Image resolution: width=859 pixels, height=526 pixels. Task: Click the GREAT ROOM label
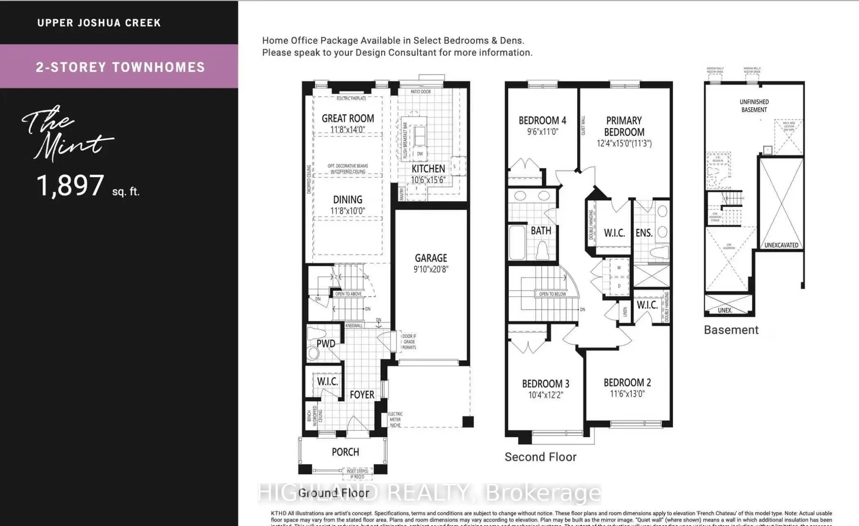tap(348, 118)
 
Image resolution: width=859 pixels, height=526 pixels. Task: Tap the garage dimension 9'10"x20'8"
tap(431, 269)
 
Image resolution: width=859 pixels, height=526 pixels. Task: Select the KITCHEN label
tap(428, 168)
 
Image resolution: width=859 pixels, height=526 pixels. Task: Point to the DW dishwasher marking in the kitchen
tap(420, 154)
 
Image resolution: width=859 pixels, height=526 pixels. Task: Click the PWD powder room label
tap(326, 344)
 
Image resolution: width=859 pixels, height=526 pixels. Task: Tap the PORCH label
tap(345, 452)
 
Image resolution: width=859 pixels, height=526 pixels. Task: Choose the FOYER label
tap(362, 394)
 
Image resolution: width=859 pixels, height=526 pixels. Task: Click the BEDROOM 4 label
tap(542, 120)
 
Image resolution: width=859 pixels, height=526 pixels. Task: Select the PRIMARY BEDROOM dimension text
tap(624, 143)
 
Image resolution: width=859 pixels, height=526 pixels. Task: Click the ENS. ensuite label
tap(644, 233)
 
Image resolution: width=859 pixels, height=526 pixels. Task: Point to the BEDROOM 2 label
tap(627, 383)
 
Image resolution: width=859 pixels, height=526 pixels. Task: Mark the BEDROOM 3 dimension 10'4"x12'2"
tap(545, 395)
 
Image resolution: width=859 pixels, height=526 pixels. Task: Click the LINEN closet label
tap(625, 312)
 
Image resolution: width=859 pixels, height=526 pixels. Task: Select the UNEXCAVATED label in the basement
tap(781, 245)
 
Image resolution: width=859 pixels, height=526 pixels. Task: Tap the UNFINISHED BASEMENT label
tap(754, 106)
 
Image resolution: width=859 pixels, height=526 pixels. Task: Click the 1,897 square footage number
tap(70, 185)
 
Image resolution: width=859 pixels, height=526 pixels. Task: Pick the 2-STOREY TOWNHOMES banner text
tap(120, 67)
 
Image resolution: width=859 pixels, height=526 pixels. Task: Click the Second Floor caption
tap(540, 457)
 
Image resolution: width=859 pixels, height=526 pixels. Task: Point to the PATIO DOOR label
tap(420, 92)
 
